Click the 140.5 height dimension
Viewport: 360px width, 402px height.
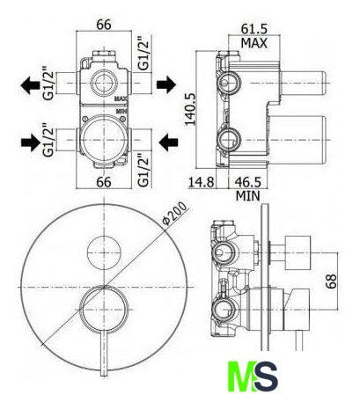[190, 109]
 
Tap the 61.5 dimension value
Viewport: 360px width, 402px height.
[254, 29]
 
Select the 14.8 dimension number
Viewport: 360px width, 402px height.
[201, 182]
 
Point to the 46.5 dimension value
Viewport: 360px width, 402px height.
[247, 182]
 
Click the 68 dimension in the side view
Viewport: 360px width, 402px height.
[332, 281]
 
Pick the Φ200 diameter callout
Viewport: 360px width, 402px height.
[175, 214]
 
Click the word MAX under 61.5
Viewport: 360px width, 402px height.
[254, 43]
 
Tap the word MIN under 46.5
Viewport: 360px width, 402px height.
[248, 196]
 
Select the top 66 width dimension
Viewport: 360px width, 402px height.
[104, 25]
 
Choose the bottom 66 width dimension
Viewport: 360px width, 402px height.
[104, 182]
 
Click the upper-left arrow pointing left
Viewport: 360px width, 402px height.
[30, 85]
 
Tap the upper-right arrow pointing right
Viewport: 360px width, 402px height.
[166, 84]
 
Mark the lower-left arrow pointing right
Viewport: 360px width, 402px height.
[31, 143]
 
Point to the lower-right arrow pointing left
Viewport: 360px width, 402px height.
[168, 143]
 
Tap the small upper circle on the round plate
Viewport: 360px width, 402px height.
[104, 252]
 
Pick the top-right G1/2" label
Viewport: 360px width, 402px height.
[144, 53]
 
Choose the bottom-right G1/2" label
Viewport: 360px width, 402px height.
[144, 170]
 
